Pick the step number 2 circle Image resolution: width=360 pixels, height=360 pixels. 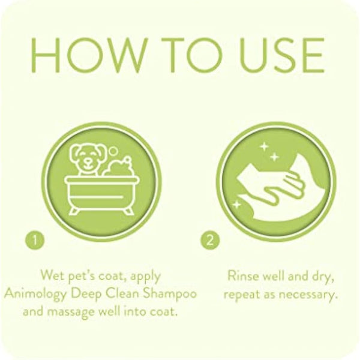[209, 241]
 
